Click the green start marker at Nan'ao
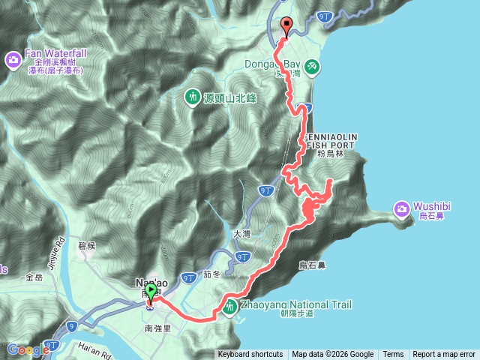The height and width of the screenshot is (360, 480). click(x=151, y=291)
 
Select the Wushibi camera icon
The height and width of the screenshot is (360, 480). click(x=402, y=208)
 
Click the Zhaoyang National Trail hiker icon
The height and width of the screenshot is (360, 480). click(x=229, y=306)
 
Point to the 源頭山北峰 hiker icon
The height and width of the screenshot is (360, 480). click(x=192, y=97)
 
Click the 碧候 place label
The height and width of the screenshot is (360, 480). click(x=87, y=246)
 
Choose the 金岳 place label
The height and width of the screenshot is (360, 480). click(x=34, y=277)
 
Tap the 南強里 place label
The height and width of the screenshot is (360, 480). click(x=157, y=328)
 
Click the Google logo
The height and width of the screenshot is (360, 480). click(x=28, y=349)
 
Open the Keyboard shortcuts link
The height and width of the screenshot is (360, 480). click(x=250, y=355)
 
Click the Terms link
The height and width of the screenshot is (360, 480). click(x=393, y=355)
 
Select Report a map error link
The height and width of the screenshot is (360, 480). click(x=445, y=355)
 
